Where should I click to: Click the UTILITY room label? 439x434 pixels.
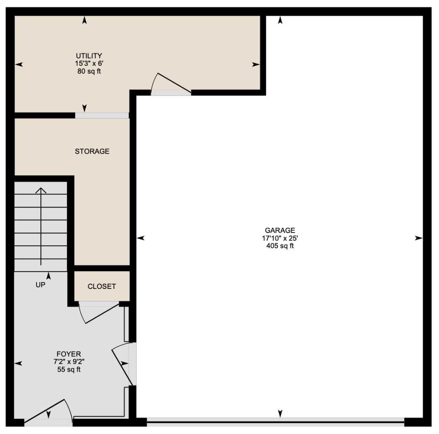click(x=89, y=56)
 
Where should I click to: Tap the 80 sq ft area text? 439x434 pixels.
click(x=89, y=71)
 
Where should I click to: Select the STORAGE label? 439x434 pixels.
click(x=92, y=151)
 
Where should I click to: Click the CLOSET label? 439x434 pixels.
click(x=102, y=286)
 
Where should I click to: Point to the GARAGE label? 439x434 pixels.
click(x=280, y=230)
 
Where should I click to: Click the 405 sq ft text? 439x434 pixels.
click(x=280, y=246)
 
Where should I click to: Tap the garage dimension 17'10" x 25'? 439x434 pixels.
click(x=280, y=238)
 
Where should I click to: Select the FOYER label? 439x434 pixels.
click(x=69, y=354)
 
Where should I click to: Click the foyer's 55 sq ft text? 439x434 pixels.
click(x=69, y=370)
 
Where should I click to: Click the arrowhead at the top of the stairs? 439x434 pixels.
click(x=41, y=190)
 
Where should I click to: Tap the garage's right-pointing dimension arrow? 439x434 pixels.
click(x=419, y=238)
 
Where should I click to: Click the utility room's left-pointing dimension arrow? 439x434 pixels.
click(x=19, y=64)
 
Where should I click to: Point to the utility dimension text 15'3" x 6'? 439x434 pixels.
click(x=89, y=64)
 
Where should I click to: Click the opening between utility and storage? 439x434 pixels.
click(x=102, y=115)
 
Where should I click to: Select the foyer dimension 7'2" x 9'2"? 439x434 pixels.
click(x=69, y=362)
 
